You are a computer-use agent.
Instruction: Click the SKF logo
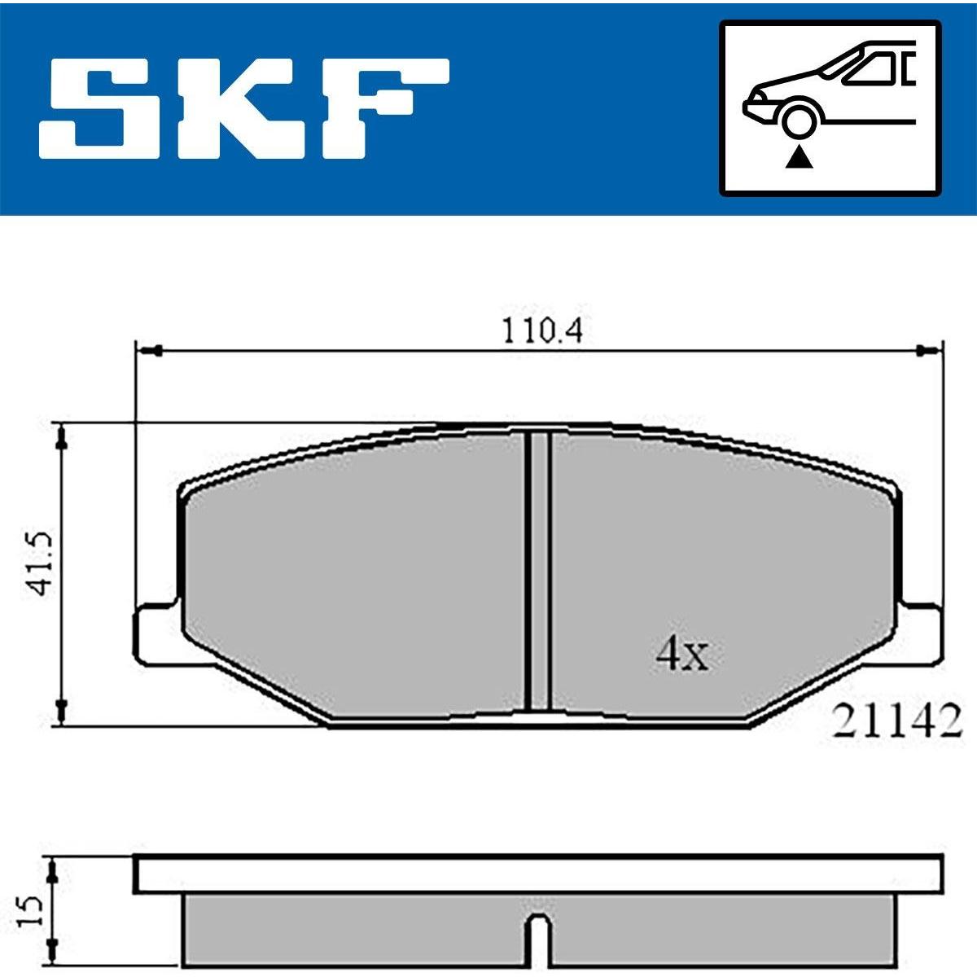point(244,108)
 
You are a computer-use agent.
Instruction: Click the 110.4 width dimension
point(542,331)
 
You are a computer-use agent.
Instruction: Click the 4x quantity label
point(681,654)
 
